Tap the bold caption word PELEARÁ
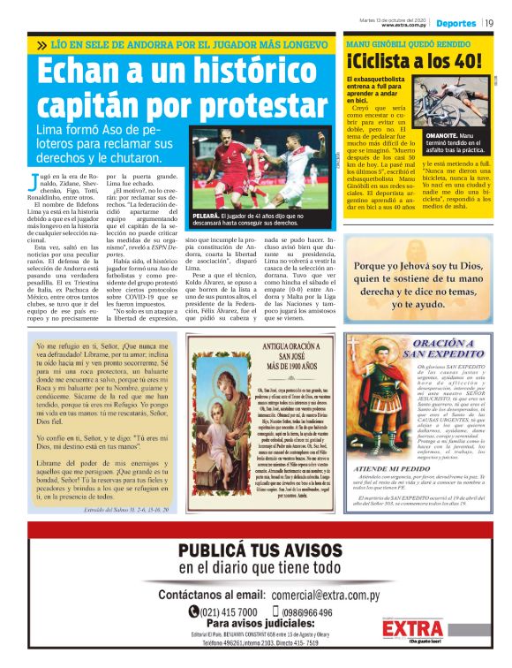point(215,215)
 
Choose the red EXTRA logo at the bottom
point(414,628)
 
